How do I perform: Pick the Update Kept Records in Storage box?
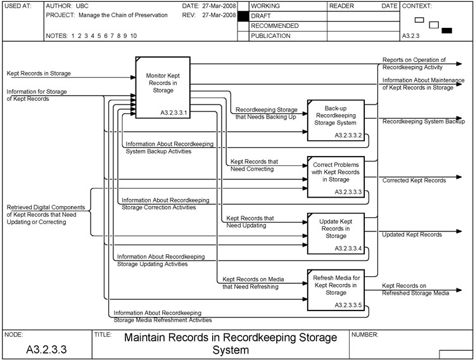click(x=336, y=229)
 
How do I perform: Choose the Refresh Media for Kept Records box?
click(x=336, y=285)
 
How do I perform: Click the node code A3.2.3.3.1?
click(x=174, y=113)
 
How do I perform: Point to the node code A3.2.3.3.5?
click(x=348, y=305)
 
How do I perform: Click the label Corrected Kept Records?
click(x=414, y=181)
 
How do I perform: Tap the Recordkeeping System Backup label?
click(x=423, y=121)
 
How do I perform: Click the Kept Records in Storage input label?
click(x=39, y=74)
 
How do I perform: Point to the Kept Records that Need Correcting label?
click(x=253, y=165)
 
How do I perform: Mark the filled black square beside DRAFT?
click(x=243, y=16)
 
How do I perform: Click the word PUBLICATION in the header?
click(x=270, y=36)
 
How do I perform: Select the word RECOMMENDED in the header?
click(x=274, y=26)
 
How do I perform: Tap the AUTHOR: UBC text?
click(x=67, y=6)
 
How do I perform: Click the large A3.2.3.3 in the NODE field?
click(x=46, y=349)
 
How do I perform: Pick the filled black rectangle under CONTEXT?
click(x=446, y=30)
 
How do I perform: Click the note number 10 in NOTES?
click(x=133, y=36)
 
